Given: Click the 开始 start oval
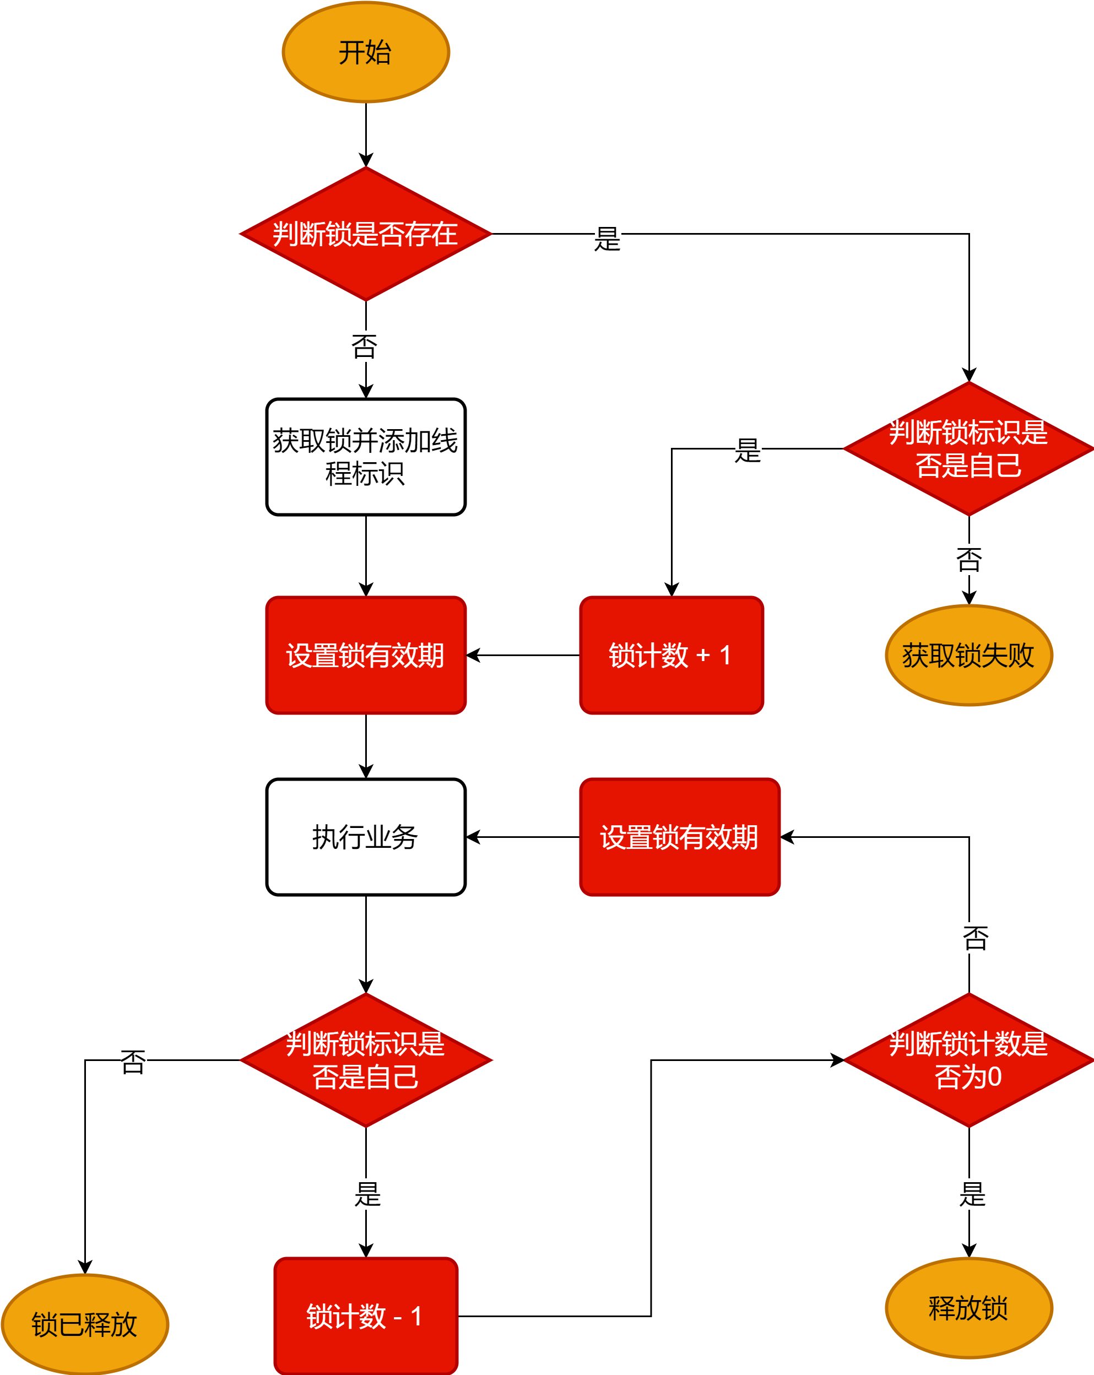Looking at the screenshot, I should (x=366, y=52).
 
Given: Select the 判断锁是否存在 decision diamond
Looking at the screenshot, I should (x=366, y=234).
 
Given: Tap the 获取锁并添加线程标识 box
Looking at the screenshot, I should (x=366, y=457).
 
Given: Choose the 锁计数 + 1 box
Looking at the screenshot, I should (x=671, y=655).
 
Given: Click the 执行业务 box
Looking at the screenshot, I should (x=366, y=837).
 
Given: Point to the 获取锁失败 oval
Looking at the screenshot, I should (x=968, y=655).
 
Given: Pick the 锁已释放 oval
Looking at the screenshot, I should (x=85, y=1324).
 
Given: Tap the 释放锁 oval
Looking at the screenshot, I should (x=968, y=1308).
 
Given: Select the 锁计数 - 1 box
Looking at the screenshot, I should (x=366, y=1316).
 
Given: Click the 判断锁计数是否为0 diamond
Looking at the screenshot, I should (x=968, y=1060).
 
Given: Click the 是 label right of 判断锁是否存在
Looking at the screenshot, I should (x=607, y=239).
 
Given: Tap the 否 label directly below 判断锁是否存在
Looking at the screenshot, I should (x=365, y=347).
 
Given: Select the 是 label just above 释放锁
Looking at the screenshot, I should (x=973, y=1194).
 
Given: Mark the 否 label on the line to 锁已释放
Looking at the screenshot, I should (x=133, y=1063).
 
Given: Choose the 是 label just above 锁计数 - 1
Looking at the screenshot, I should (x=368, y=1194).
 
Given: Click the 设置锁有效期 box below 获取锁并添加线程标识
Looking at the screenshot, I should (x=366, y=655).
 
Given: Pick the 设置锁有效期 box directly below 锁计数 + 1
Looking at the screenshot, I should (x=679, y=837).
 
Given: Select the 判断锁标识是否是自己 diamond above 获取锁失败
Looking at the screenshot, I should (x=968, y=449).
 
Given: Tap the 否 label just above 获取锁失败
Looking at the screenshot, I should (x=969, y=560).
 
